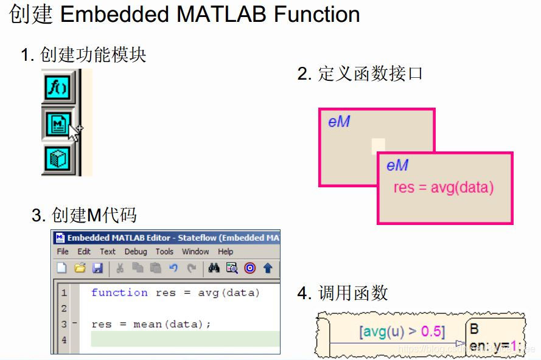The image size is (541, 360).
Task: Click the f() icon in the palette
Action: tap(58, 88)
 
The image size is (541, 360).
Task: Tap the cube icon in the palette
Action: tap(58, 159)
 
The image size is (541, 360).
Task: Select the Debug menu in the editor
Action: tap(136, 251)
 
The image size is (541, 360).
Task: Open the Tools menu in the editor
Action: tap(164, 251)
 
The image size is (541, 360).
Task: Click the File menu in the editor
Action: tap(63, 251)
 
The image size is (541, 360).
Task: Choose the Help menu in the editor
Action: tap(225, 251)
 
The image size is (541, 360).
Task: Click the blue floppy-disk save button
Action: tap(97, 268)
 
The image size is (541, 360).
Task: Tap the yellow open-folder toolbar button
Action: tap(80, 268)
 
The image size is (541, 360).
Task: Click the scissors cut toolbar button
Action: tap(120, 268)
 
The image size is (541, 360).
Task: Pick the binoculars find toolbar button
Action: tap(214, 268)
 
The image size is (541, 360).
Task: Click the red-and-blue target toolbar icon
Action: tap(250, 268)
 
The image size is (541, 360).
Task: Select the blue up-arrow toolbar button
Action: tap(268, 268)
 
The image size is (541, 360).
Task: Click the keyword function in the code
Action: tap(119, 292)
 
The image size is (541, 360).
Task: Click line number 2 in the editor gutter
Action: tap(64, 308)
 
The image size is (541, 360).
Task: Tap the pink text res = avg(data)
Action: tap(443, 187)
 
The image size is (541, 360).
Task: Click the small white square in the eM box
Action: tap(378, 145)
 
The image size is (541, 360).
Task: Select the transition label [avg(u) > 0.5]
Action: tap(402, 331)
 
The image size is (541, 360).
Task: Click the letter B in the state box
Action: tap(475, 329)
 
